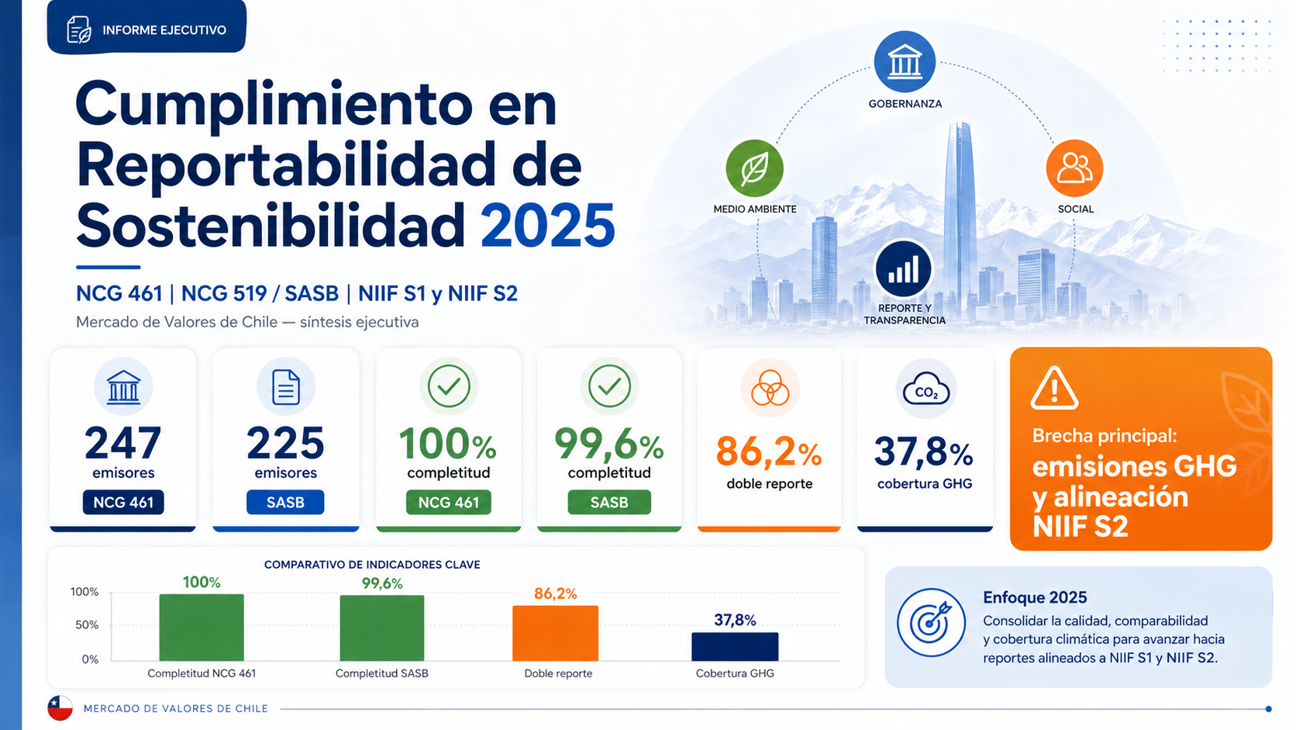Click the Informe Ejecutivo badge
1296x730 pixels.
pos(146,29)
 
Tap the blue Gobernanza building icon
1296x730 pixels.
pos(905,61)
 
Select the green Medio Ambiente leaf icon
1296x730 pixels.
pos(754,168)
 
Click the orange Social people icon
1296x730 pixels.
pos(1074,168)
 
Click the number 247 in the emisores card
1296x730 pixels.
pos(123,444)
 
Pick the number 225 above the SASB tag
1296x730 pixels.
pos(285,444)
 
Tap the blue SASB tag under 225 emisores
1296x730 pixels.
pos(285,503)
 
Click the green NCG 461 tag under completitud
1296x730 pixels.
pos(448,503)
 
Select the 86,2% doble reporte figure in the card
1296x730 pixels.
pos(768,451)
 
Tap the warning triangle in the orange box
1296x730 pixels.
pos(1054,389)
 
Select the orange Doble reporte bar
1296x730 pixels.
pos(555,633)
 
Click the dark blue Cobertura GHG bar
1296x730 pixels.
pos(735,646)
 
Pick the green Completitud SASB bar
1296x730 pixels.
pos(382,628)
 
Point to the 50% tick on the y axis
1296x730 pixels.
pos(86,625)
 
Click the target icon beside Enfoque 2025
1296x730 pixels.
pos(931,622)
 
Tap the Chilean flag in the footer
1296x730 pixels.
pos(60,708)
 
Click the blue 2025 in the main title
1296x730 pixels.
pos(547,226)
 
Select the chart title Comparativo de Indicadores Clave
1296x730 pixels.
pos(372,565)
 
